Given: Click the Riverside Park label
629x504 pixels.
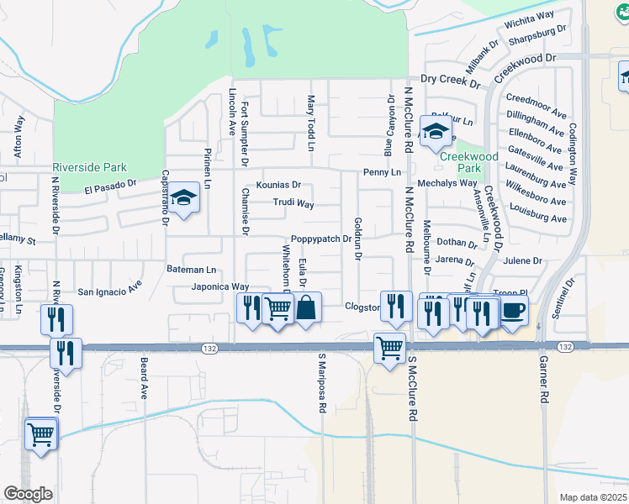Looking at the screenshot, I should (89, 167).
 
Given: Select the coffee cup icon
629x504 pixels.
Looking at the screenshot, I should (513, 310).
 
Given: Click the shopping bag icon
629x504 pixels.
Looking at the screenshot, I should (307, 307).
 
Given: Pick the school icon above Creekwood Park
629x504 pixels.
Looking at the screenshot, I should (436, 132).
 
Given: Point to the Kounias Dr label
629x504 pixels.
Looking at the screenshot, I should (277, 185).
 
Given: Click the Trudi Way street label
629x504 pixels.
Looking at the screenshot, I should (293, 203).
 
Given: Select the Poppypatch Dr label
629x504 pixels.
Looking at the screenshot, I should (320, 239).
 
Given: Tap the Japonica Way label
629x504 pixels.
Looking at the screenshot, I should (220, 286).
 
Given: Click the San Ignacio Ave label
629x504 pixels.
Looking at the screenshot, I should (110, 291).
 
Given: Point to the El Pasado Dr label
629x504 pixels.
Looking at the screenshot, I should (110, 185).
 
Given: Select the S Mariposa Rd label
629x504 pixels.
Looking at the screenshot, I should (321, 383).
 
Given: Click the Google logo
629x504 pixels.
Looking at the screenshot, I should (29, 494).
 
